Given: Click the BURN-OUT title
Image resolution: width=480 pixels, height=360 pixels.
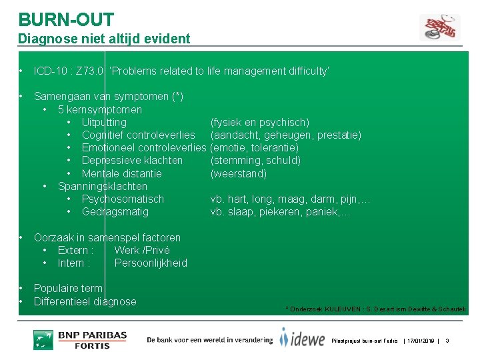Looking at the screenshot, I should point(66,19).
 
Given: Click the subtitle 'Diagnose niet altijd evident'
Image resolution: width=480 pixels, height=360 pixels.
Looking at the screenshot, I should point(104,39).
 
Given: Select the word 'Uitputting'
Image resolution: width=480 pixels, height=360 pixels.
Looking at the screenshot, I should point(104,122).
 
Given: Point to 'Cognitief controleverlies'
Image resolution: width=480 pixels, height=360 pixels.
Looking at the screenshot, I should point(138,135).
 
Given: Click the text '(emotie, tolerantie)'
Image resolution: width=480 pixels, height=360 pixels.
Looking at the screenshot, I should point(254,148).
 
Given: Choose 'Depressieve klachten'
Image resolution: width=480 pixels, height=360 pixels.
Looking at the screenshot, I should point(132,161).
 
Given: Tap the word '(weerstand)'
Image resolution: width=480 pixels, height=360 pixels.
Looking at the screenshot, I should point(238,173).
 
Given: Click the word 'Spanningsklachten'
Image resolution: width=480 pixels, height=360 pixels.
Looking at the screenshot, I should point(103,186).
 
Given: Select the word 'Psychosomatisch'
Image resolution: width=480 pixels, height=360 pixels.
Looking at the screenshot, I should point(123,199).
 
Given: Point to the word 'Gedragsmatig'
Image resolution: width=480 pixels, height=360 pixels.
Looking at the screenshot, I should point(115,212).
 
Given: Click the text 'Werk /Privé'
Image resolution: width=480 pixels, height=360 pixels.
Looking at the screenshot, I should point(142,250).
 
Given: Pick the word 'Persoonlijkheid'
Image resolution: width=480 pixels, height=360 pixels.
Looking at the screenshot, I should point(151,263).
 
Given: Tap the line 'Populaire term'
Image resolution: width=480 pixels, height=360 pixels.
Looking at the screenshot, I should point(68,289).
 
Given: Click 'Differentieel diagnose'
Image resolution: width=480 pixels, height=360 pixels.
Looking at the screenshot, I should point(85,301).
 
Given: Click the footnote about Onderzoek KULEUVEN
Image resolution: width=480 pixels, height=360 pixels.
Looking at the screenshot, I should point(375,309).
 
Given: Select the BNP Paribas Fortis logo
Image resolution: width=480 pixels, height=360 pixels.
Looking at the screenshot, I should point(80,339).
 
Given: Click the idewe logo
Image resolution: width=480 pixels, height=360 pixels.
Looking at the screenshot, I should point(303,338).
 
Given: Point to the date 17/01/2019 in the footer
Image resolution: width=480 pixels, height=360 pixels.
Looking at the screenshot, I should point(419,341).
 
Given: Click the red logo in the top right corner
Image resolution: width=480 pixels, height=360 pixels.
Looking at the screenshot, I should point(439,26).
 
